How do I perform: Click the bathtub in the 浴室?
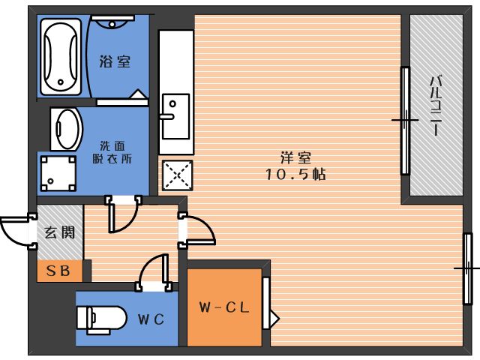coord(61,57)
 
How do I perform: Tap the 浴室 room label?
coord(115,61)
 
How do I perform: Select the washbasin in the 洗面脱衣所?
coord(67,129)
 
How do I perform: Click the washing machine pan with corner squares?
coord(58,173)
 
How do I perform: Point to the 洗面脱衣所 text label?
coord(112,152)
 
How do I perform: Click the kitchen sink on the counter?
coord(175,116)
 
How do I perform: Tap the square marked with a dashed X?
coord(178,175)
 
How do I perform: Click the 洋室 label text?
coord(295,157)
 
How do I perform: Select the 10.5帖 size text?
coord(295,174)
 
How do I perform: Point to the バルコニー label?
coord(436,106)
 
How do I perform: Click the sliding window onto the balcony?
coord(405,121)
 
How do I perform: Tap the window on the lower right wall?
coord(467,268)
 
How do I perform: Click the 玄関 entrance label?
coord(60,232)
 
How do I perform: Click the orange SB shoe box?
coord(60,271)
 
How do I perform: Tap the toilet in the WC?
coord(101,319)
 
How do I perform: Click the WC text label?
coord(151,319)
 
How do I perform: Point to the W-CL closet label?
coord(224,307)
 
